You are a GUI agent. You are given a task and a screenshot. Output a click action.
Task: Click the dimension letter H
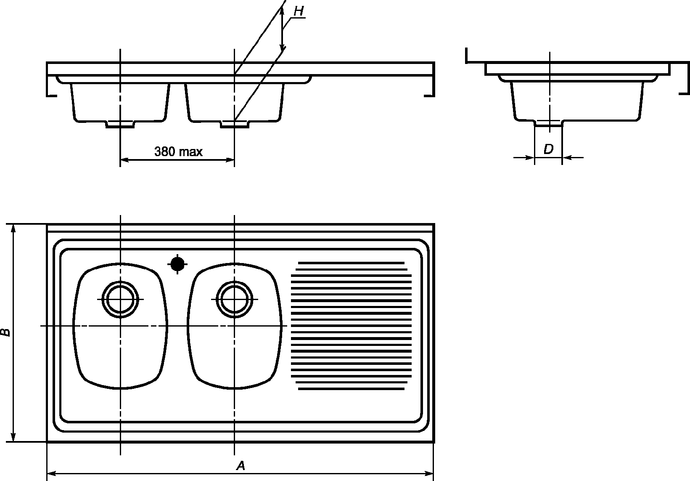299,11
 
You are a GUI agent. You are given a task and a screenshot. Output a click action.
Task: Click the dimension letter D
549,149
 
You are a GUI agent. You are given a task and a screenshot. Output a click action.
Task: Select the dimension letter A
241,465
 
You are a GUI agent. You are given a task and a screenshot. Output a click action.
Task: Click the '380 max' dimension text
179,151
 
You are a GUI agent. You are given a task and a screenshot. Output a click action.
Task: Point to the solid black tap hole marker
177,264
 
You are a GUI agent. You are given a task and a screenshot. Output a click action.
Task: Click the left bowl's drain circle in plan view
120,299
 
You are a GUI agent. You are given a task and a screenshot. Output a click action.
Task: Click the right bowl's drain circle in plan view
235,299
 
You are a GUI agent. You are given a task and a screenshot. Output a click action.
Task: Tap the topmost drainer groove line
351,263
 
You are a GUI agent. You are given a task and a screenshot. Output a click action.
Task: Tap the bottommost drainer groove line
351,389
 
